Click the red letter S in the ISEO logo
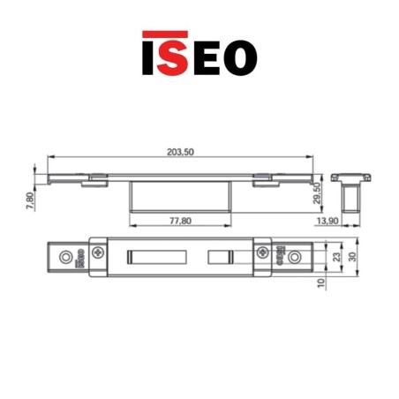[175, 55]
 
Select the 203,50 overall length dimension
[180, 152]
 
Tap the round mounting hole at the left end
[64, 256]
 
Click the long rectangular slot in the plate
[156, 256]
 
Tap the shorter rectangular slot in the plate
[222, 256]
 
